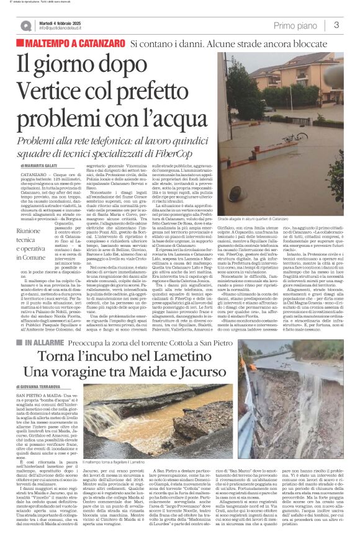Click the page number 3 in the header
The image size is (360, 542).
[x=336, y=25]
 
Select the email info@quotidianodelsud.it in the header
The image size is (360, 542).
[x=67, y=29]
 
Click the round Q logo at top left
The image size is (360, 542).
[x=25, y=25]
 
